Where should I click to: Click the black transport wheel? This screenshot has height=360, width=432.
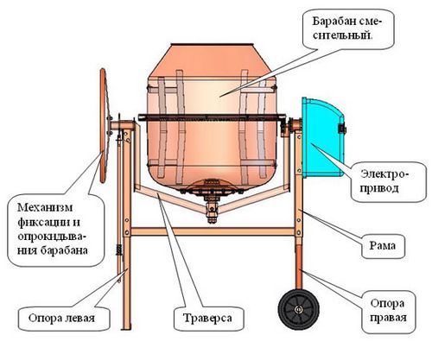click(299, 309)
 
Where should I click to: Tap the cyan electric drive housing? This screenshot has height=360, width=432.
click(323, 137)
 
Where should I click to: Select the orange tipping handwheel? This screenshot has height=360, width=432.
click(104, 125)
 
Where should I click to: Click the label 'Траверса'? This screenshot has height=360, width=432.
click(207, 318)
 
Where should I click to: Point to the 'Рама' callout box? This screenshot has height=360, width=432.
click(383, 246)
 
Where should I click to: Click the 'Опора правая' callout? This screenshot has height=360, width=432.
click(388, 311)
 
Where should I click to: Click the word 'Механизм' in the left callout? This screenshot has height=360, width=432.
click(45, 207)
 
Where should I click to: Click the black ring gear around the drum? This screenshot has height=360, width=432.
click(213, 117)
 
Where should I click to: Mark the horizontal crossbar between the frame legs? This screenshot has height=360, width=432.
click(213, 231)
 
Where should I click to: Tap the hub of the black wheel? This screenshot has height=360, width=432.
click(298, 310)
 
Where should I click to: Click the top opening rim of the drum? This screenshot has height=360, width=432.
click(213, 45)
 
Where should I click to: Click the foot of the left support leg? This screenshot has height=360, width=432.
click(126, 326)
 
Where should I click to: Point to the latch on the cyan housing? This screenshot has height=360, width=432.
click(342, 129)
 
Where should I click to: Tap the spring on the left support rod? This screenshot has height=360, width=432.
click(118, 249)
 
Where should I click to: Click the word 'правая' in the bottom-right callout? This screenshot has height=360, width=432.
click(388, 318)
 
